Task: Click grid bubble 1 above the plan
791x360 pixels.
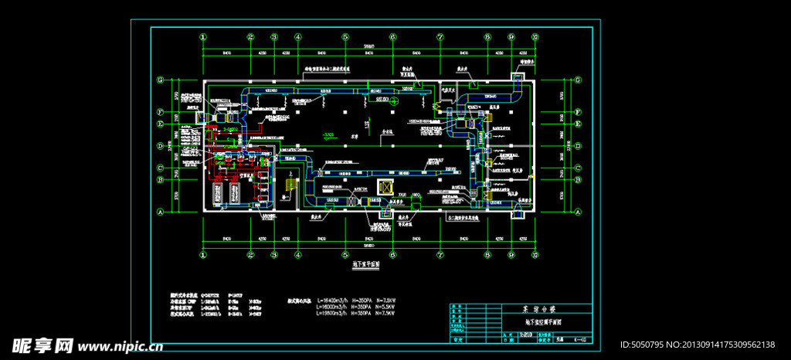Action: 203,36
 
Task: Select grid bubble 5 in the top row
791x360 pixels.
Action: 345,36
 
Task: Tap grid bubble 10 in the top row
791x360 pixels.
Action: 535,36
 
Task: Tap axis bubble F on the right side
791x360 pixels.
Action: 578,112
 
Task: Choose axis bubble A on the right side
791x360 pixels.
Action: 578,211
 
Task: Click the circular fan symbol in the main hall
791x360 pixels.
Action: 392,100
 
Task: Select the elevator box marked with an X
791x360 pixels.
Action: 384,187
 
